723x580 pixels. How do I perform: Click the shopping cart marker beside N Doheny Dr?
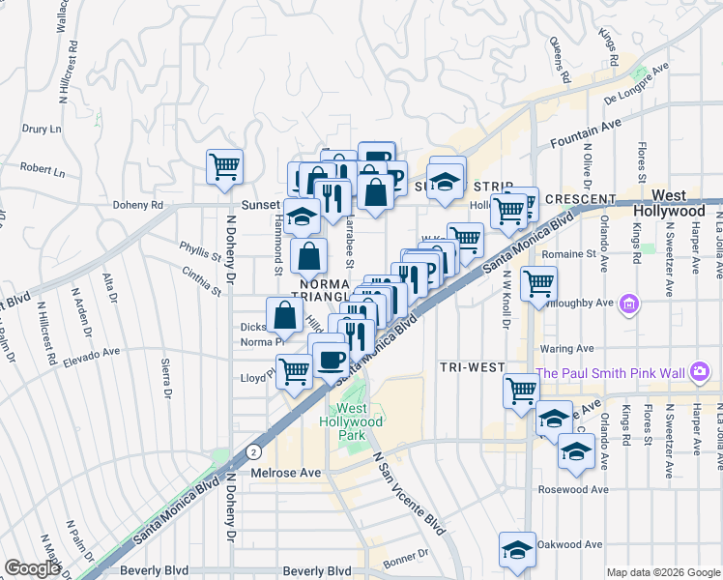[224, 167]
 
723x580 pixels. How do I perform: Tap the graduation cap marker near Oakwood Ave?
[517, 550]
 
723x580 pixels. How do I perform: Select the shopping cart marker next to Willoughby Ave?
[538, 284]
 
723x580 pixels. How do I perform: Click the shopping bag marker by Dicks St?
[285, 314]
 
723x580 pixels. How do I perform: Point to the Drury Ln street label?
[41, 129]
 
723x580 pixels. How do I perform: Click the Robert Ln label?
[41, 169]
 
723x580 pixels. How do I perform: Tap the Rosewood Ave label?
[574, 489]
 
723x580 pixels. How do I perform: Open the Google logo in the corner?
[32, 568]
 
